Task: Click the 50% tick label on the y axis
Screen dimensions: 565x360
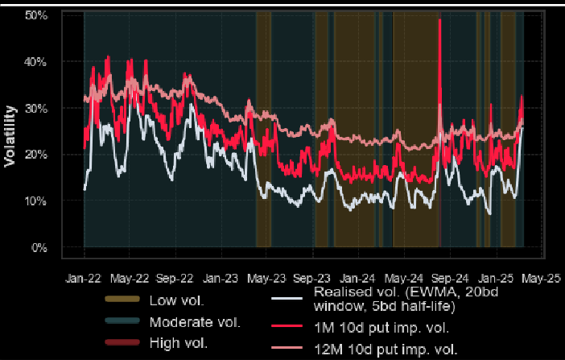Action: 36,15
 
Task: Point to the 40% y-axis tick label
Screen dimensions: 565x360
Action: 36,62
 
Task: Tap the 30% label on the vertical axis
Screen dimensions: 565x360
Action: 36,108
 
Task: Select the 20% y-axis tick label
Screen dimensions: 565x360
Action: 36,155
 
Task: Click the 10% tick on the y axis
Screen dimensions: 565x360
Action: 36,201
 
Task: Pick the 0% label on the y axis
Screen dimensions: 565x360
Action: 39,247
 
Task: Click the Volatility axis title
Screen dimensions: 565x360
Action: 10,136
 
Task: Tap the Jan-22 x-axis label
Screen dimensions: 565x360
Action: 83,279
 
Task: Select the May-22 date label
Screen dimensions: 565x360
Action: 130,279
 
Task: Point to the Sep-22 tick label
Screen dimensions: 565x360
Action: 175,279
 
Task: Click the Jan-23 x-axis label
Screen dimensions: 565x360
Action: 221,279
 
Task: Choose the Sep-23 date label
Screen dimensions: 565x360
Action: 311,279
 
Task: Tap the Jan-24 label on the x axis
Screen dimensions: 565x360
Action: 357,279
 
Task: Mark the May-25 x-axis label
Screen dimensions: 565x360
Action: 541,279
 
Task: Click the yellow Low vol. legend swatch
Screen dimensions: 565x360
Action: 122,299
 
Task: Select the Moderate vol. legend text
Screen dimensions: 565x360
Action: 195,322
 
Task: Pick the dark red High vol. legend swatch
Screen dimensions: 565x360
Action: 122,342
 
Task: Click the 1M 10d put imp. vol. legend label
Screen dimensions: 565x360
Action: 381,328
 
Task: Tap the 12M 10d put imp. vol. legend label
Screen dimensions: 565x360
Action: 386,350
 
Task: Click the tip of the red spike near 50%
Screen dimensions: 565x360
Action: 440,19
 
